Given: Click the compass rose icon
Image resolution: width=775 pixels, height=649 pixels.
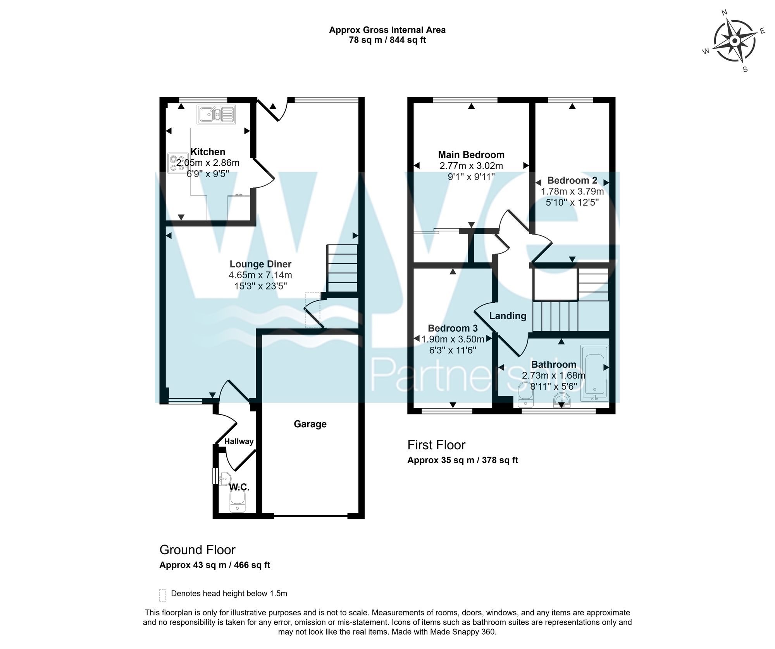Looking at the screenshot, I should (x=734, y=41).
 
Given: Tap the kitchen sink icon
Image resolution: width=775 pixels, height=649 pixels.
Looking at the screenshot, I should (x=216, y=114).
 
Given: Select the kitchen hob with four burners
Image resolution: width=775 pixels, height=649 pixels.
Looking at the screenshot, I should (x=176, y=163).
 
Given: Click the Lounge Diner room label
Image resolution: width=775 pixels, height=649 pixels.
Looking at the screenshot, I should (x=260, y=264).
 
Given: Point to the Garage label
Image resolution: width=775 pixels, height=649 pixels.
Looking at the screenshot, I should (x=310, y=424).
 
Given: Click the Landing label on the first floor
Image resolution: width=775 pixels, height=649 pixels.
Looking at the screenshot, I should (x=508, y=316).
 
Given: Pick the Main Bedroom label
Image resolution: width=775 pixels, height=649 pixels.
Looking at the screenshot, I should (x=471, y=155).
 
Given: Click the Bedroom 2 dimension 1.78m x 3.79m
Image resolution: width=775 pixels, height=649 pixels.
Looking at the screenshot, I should (x=572, y=192).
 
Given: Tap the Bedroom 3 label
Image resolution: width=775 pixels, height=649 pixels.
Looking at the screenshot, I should (x=453, y=329).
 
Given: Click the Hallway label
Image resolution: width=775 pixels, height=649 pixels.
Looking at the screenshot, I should (x=239, y=442).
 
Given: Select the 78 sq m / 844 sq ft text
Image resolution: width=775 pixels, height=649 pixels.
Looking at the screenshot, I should (x=387, y=40).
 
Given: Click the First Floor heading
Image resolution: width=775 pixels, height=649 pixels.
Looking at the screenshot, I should (x=436, y=445).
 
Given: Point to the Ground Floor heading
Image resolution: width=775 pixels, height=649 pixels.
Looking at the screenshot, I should (x=197, y=550).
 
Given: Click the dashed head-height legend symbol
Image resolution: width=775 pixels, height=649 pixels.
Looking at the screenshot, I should (x=162, y=596).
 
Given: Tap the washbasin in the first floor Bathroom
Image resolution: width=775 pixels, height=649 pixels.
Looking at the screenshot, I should (x=561, y=401).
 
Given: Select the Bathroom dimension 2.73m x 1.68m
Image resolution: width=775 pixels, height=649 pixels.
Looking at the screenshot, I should (x=553, y=375).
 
